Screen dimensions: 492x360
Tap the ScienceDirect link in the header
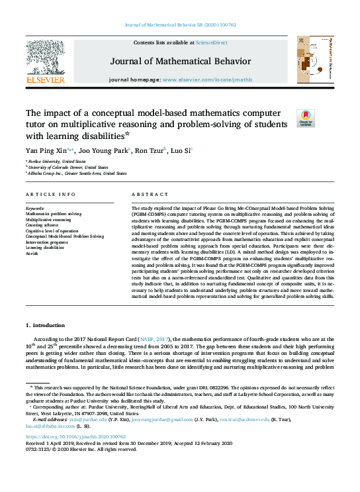coord(212,42)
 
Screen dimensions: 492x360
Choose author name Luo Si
coord(180,150)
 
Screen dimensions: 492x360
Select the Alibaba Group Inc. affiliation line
coord(77,173)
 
